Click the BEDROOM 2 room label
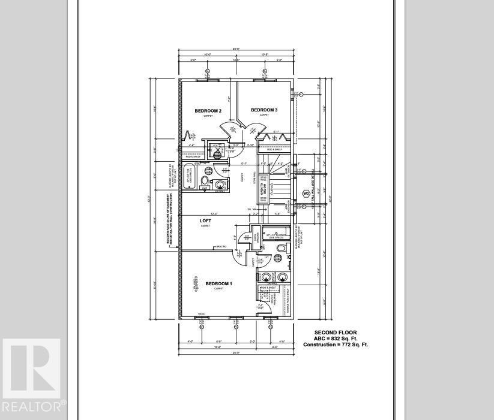tap(208, 111)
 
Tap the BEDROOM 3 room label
tap(264, 110)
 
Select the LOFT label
tap(206, 221)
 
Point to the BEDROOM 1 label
tap(218, 283)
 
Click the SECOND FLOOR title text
tap(336, 333)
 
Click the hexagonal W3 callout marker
tap(306, 194)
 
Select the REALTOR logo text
tap(33, 407)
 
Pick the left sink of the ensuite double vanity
tap(267, 277)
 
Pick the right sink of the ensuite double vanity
tap(282, 277)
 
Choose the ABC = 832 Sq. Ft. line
tap(336, 339)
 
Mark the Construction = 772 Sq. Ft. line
tap(336, 345)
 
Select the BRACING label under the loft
tap(223, 247)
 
